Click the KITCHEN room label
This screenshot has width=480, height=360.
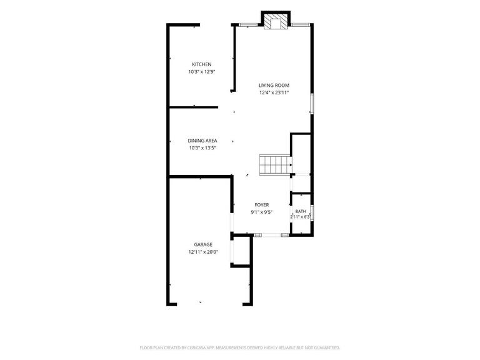pyautogui.click(x=201, y=64)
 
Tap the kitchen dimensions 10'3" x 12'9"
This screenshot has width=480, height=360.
pyautogui.click(x=201, y=72)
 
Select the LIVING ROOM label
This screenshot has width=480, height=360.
pyautogui.click(x=274, y=86)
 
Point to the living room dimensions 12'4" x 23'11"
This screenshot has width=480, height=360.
pyautogui.click(x=274, y=92)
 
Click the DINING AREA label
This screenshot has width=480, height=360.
pyautogui.click(x=202, y=141)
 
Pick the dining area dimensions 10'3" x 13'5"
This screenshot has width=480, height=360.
pyautogui.click(x=202, y=148)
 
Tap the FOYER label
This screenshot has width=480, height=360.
pyautogui.click(x=262, y=205)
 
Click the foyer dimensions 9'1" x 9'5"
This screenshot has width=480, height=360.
pyautogui.click(x=262, y=212)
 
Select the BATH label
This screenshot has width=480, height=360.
pyautogui.click(x=301, y=211)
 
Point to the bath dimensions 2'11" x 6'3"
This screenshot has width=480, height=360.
pyautogui.click(x=301, y=217)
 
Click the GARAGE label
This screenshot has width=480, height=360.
pyautogui.click(x=203, y=244)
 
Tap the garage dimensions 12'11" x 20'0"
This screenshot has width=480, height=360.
pyautogui.click(x=203, y=252)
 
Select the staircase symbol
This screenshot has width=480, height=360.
pyautogui.click(x=275, y=165)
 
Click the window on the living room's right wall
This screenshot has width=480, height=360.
pyautogui.click(x=312, y=104)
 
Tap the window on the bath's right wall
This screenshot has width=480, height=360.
pyautogui.click(x=312, y=212)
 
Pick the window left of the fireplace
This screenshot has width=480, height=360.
pyautogui.click(x=248, y=25)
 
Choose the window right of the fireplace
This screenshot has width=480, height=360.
pyautogui.click(x=300, y=25)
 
